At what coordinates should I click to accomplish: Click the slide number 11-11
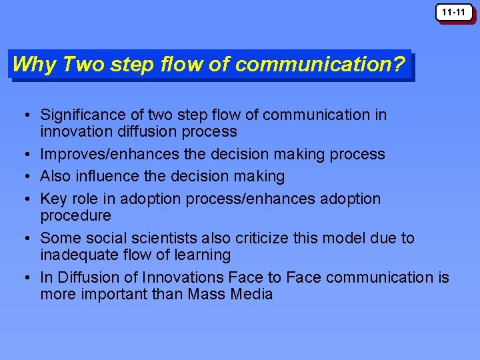pos(455,12)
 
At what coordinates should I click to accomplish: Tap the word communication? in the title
pos(320,65)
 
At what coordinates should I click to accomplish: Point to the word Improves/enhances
pos(109,154)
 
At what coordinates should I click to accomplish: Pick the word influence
pos(109,176)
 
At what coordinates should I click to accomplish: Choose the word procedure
pos(75,215)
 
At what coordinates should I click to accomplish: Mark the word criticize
pos(265,238)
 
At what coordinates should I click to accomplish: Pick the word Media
pos(251,294)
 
